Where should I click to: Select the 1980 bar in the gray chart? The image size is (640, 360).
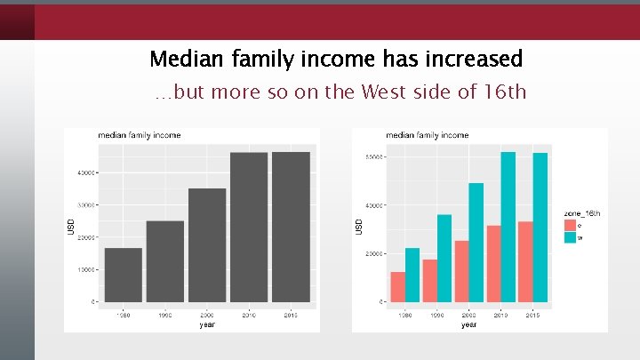pyautogui.click(x=123, y=275)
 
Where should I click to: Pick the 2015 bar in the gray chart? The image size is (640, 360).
pyautogui.click(x=291, y=227)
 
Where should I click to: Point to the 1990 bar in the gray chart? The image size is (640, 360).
pyautogui.click(x=164, y=261)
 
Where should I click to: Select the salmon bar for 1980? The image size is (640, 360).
pyautogui.click(x=397, y=286)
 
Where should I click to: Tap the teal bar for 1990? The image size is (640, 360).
pyautogui.click(x=444, y=258)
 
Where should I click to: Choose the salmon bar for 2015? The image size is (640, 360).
pyautogui.click(x=525, y=261)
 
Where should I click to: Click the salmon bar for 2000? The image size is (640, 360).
pyautogui.click(x=461, y=271)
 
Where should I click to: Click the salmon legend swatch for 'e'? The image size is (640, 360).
pyautogui.click(x=570, y=226)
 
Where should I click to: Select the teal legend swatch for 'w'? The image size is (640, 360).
pyautogui.click(x=570, y=237)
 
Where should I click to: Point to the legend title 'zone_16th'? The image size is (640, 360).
pyautogui.click(x=582, y=213)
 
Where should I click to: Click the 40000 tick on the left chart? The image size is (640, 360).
pyautogui.click(x=85, y=172)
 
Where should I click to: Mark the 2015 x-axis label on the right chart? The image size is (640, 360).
pyautogui.click(x=532, y=315)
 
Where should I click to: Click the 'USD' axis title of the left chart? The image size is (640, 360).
pyautogui.click(x=72, y=228)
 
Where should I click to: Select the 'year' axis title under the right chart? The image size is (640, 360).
pyautogui.click(x=468, y=324)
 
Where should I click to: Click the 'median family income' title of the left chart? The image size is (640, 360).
pyautogui.click(x=139, y=135)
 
